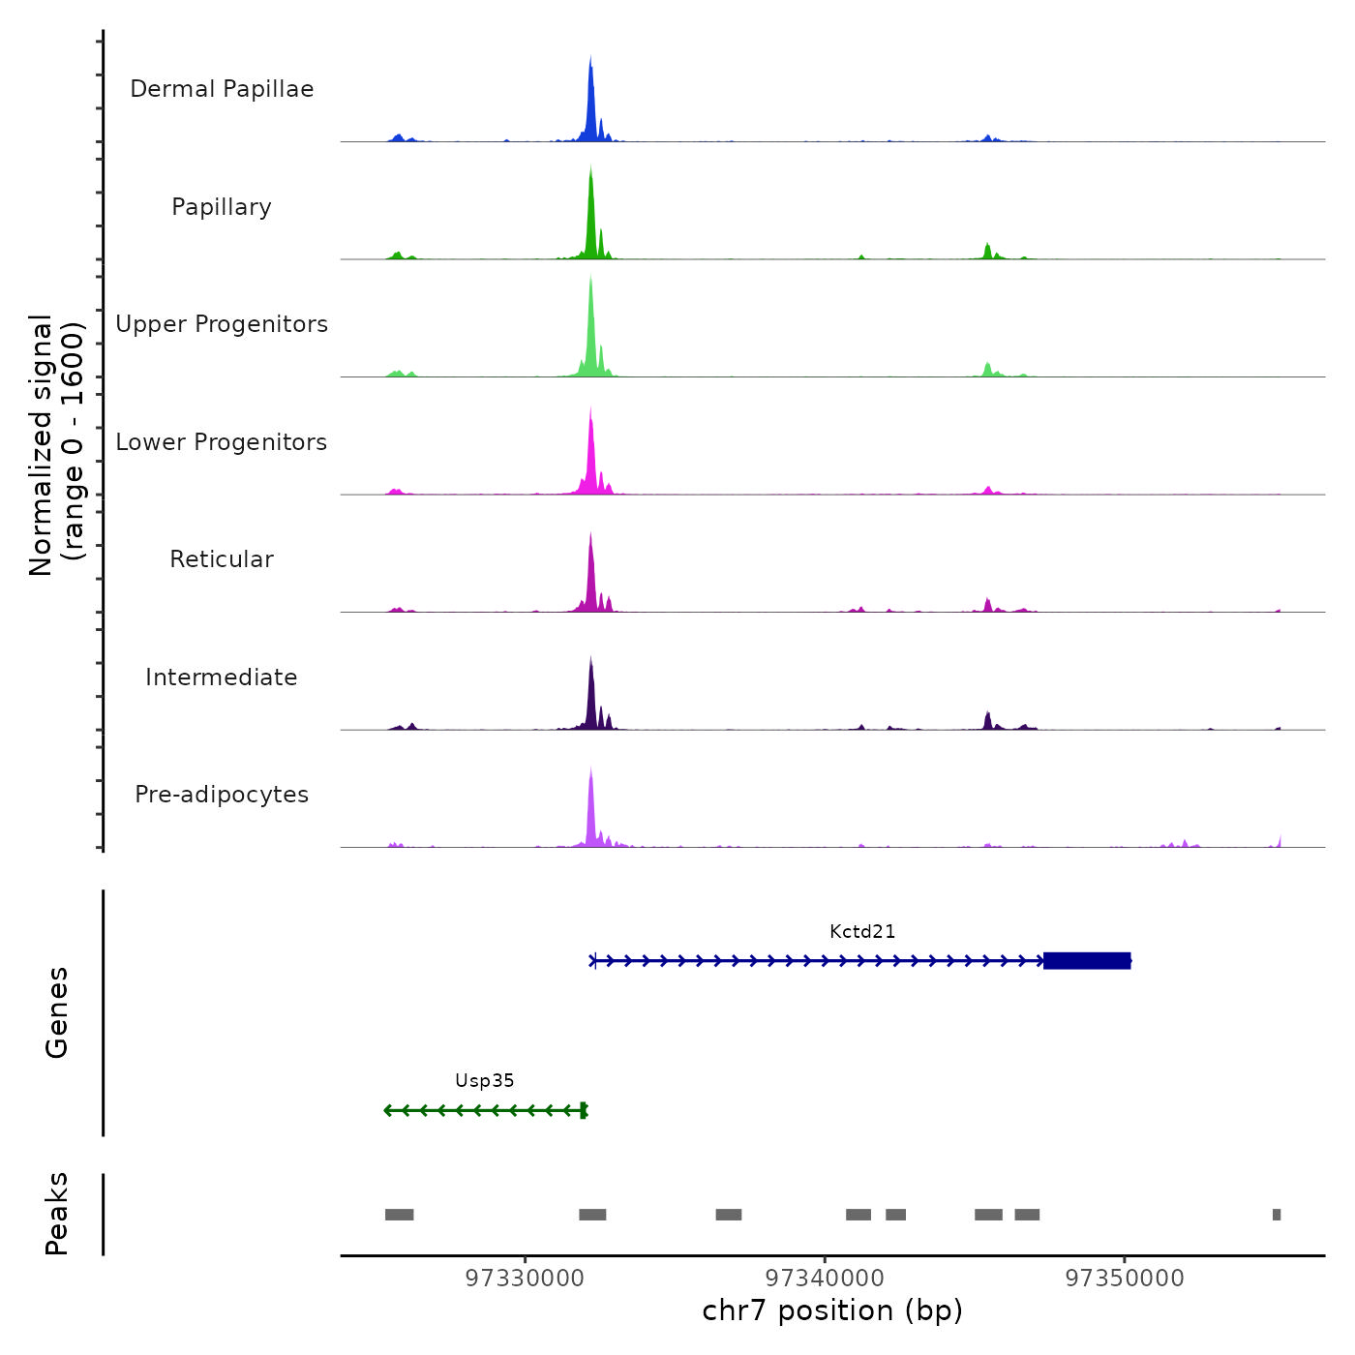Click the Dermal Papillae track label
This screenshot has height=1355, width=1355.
tap(222, 89)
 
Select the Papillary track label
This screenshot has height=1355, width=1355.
tap(222, 207)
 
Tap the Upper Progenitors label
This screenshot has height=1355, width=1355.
tap(222, 324)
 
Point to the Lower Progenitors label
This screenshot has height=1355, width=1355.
tap(222, 442)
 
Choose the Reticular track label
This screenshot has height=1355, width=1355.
tap(222, 559)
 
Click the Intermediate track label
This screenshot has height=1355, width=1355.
tap(222, 677)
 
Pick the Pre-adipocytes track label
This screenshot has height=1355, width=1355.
tap(222, 795)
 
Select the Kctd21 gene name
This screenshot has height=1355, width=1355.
tap(862, 932)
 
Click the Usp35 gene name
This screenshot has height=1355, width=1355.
tap(484, 1081)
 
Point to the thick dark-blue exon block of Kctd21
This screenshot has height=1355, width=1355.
tap(1087, 961)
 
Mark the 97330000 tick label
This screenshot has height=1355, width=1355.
tap(525, 1279)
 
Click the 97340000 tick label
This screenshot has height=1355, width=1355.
tap(825, 1279)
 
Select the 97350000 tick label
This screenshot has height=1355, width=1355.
tap(1125, 1279)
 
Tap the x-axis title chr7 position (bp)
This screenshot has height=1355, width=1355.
tap(832, 1310)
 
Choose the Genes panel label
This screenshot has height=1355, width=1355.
tap(56, 1012)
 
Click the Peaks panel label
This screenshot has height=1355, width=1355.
tap(56, 1214)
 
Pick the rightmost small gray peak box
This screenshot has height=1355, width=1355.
tap(1277, 1215)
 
